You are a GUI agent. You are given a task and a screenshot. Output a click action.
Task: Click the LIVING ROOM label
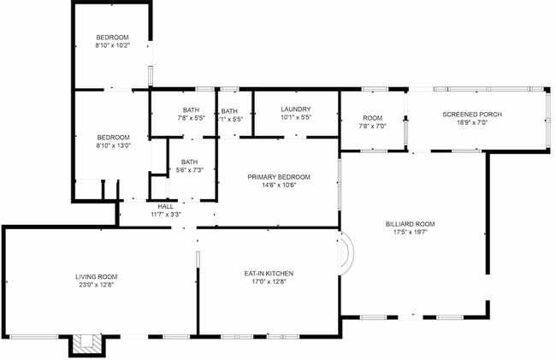pyautogui.click(x=96, y=276)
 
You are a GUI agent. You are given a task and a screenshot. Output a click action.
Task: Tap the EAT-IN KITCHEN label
pyautogui.click(x=269, y=273)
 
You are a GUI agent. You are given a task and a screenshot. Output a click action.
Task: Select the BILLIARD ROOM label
pyautogui.click(x=410, y=223)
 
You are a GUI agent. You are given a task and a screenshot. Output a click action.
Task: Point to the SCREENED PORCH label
pyautogui.click(x=471, y=114)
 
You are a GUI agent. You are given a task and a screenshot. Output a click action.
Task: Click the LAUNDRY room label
pyautogui.click(x=295, y=109)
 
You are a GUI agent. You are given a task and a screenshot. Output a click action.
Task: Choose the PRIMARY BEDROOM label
pyautogui.click(x=279, y=176)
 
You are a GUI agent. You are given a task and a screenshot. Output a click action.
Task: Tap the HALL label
pyautogui.click(x=166, y=206)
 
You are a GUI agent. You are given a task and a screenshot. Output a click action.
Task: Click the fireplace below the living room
pyautogui.click(x=85, y=343)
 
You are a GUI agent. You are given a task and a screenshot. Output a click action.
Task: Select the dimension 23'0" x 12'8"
pyautogui.click(x=96, y=285)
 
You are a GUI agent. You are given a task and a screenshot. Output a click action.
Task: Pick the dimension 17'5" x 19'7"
pyautogui.click(x=410, y=232)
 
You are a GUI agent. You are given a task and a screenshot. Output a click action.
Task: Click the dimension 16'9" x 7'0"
pyautogui.click(x=471, y=122)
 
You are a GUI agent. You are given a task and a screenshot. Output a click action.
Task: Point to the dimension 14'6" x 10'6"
pyautogui.click(x=279, y=185)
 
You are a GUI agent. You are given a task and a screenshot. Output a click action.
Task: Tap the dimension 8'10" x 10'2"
pyautogui.click(x=112, y=45)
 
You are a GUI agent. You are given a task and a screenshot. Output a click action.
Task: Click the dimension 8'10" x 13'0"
pyautogui.click(x=112, y=145)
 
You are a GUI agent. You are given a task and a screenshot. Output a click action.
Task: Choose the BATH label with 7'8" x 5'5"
pyautogui.click(x=191, y=109)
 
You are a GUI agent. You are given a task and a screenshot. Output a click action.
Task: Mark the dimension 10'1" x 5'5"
pyautogui.click(x=295, y=118)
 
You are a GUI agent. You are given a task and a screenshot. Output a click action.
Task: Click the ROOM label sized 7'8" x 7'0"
pyautogui.click(x=372, y=117)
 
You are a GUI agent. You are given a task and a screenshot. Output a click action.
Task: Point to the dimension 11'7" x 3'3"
pyautogui.click(x=166, y=214)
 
